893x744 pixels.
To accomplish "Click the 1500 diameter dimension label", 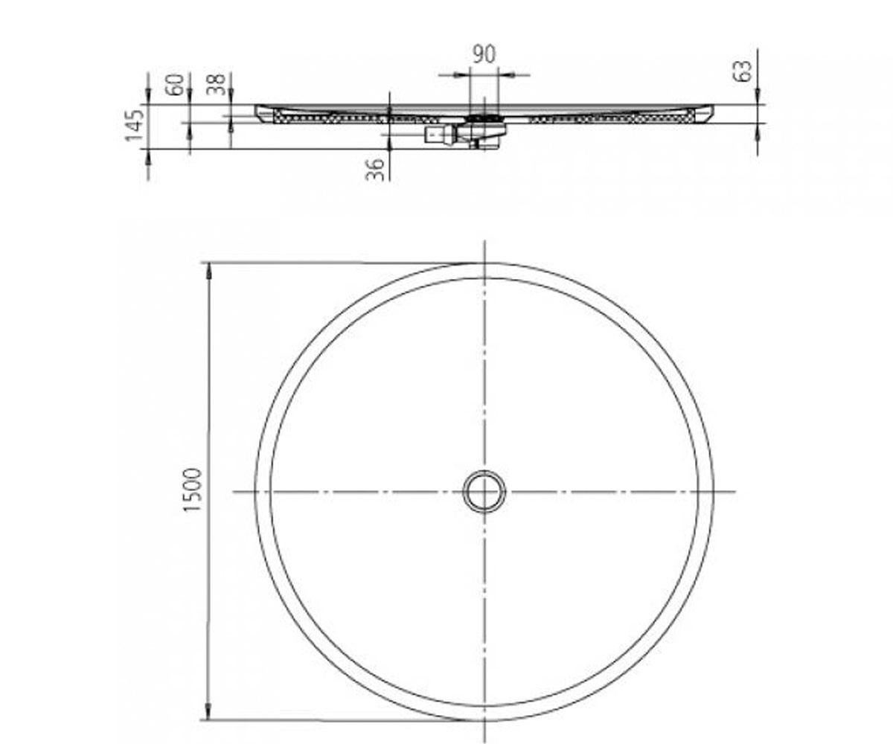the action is [191, 490].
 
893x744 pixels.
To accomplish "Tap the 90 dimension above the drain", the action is [484, 54].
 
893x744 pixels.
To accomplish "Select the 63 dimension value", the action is [743, 71].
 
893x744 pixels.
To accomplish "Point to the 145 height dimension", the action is [134, 125].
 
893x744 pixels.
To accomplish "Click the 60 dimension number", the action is [176, 84].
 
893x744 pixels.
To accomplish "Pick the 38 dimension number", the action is [217, 84].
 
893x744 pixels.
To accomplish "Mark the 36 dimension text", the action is [376, 170].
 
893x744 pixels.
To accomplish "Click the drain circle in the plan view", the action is [484, 491].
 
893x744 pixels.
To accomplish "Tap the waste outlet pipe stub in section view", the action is [435, 135].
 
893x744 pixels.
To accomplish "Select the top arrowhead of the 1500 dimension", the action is [208, 271].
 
